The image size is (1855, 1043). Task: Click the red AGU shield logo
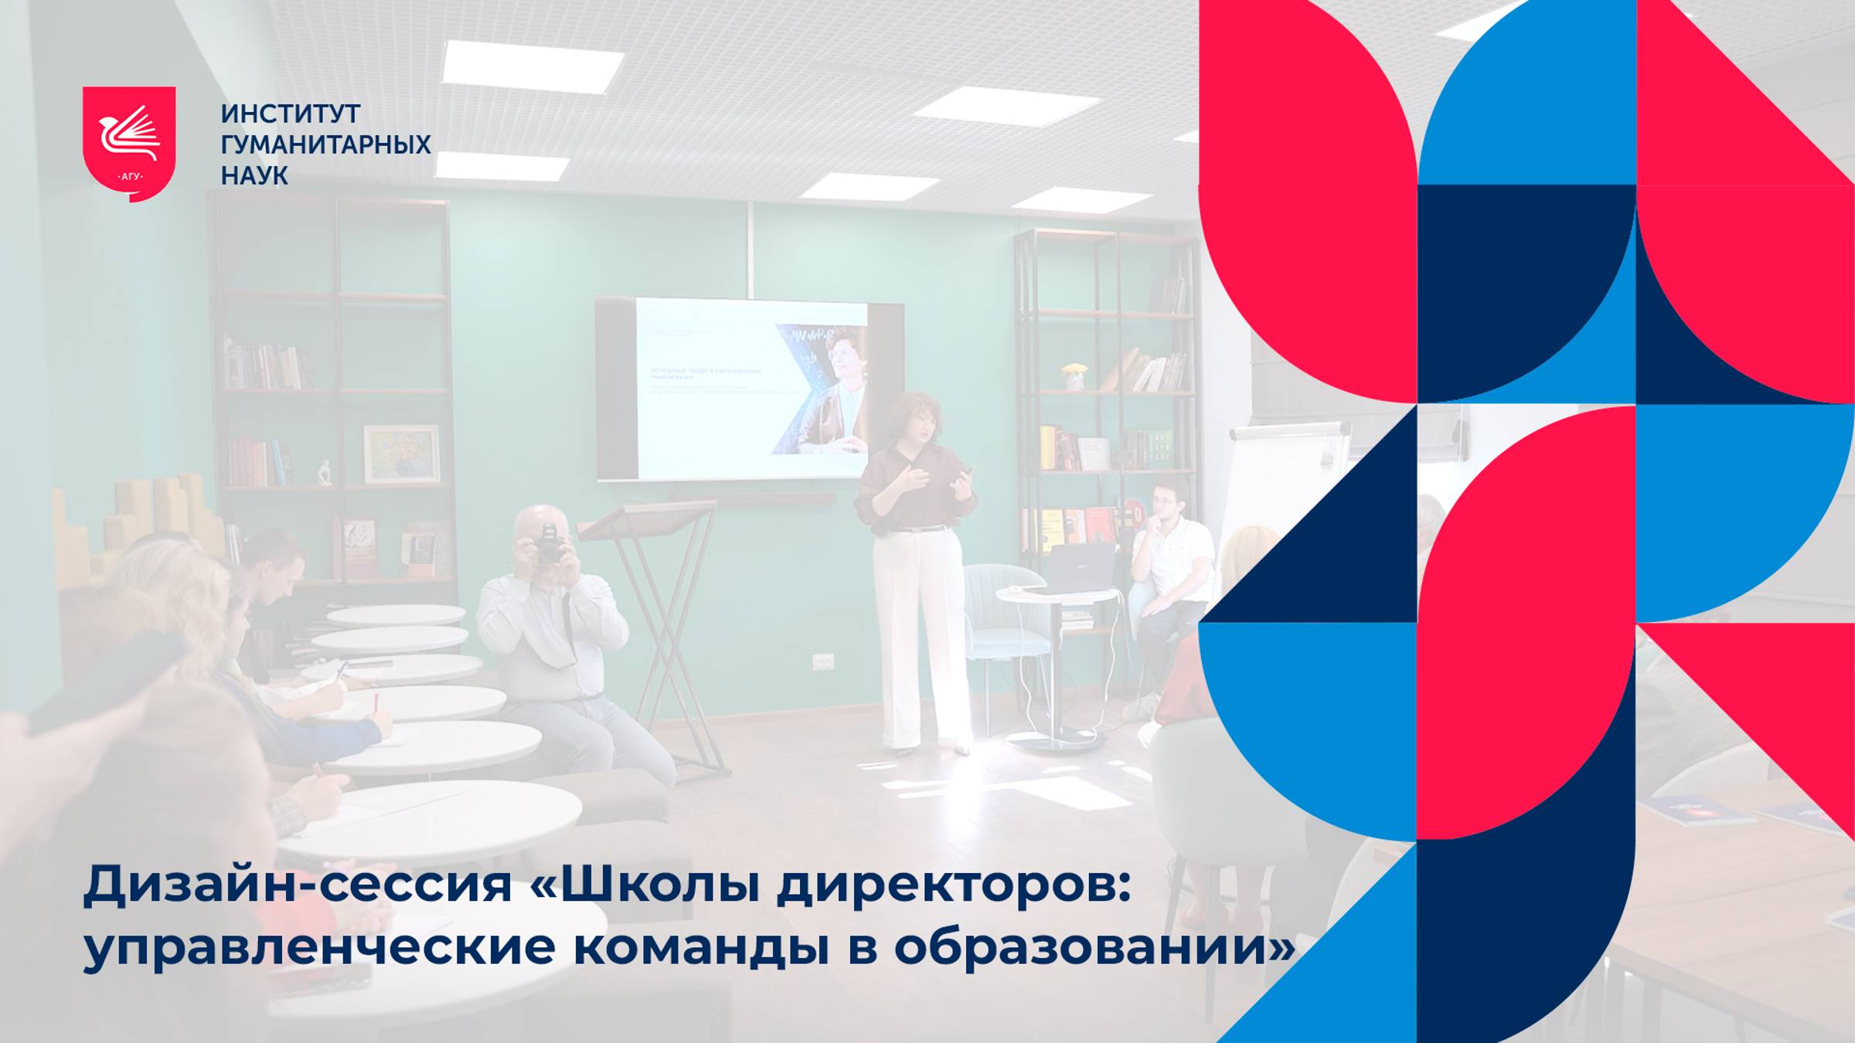coord(129,143)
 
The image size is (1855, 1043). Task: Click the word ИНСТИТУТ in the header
coord(291,114)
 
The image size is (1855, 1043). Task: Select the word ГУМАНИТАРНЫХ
coord(325,144)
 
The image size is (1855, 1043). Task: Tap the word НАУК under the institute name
coord(254,176)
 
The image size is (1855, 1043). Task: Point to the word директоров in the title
coord(954,885)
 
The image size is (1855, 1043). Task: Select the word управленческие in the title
coord(319,947)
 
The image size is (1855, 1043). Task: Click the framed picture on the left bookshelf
coord(401,454)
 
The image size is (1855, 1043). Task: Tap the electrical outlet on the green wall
coord(822,661)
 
